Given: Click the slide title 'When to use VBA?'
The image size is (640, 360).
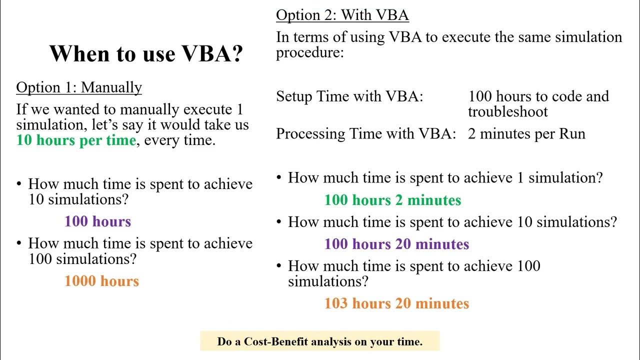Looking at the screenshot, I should pos(146,53).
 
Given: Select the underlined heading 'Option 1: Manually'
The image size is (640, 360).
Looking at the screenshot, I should pos(79,87).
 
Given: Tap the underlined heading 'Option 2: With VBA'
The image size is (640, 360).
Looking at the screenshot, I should pos(342,15).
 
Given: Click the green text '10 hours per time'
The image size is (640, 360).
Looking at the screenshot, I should pos(76,140).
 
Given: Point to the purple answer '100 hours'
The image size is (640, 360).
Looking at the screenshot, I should pos(97,221).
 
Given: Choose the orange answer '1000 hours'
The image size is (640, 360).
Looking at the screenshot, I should pos(101,281).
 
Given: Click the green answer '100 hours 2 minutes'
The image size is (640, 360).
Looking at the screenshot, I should pos(392,200).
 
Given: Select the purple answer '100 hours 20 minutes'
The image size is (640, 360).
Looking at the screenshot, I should pos(396,244).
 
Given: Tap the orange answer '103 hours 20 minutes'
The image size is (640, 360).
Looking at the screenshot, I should pos(396,303).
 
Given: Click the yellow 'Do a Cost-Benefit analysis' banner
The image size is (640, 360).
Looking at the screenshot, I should pos(319,341).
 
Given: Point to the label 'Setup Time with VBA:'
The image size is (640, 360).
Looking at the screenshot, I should pos(349,96).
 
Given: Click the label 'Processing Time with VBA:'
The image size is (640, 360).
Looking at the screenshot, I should pos(366,134).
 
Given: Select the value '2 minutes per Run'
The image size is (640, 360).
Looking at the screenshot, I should pos(526,134).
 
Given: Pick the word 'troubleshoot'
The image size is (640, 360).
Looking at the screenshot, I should pos(508,111).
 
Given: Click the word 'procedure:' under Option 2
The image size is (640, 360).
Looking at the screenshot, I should pos(310,52).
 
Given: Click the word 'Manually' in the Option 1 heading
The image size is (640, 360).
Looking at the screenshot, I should pos(111,87).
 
